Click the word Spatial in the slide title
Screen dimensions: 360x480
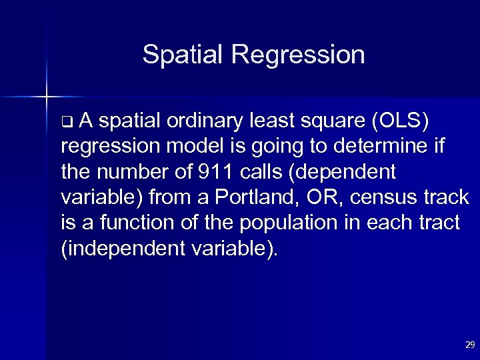(181, 55)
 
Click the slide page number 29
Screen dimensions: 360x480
(469, 345)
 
